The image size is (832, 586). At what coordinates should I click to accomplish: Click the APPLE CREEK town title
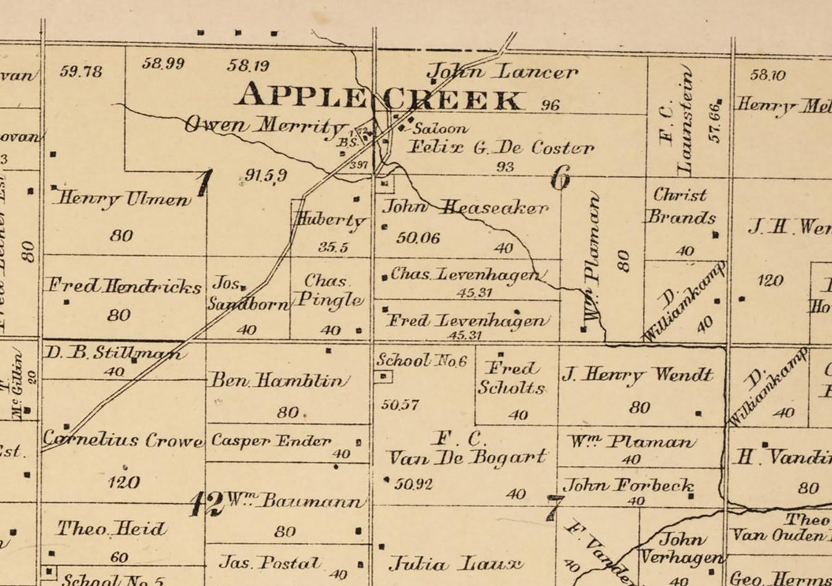pyautogui.click(x=379, y=97)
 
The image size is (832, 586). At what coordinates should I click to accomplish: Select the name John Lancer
pyautogui.click(x=502, y=71)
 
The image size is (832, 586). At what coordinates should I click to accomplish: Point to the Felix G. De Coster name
pyautogui.click(x=501, y=147)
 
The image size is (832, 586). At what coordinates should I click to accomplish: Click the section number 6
pyautogui.click(x=560, y=179)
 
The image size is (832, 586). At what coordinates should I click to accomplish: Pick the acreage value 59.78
pyautogui.click(x=81, y=71)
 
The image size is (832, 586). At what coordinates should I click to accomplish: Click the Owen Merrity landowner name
pyautogui.click(x=265, y=125)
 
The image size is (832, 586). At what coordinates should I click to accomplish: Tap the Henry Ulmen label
pyautogui.click(x=122, y=199)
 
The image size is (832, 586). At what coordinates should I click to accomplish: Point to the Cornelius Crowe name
pyautogui.click(x=123, y=439)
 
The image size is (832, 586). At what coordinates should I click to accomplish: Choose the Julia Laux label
pyautogui.click(x=455, y=564)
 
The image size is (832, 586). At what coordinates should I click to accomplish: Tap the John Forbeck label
pyautogui.click(x=628, y=485)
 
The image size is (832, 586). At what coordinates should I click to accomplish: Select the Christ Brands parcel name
pyautogui.click(x=681, y=206)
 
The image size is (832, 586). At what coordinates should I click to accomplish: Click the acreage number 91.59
pyautogui.click(x=266, y=176)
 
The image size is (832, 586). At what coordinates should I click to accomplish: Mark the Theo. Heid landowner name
pyautogui.click(x=111, y=528)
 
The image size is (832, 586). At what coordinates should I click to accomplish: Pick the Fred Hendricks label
pyautogui.click(x=123, y=286)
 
